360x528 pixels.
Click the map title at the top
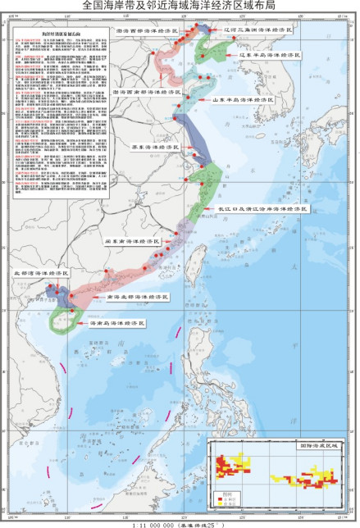(x=180, y=6)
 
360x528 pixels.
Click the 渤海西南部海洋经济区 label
(x=148, y=93)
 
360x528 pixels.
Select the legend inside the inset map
(x=226, y=497)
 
